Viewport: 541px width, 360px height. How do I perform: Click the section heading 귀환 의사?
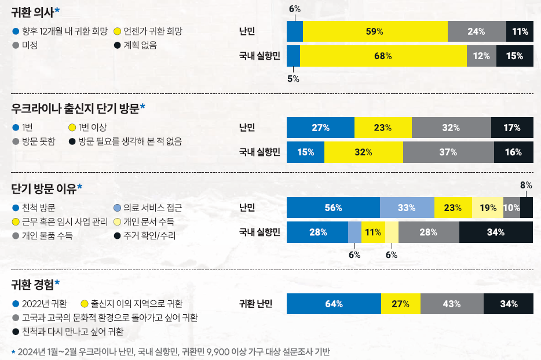tap(35, 12)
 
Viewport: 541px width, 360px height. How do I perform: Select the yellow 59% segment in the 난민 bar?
tap(375, 32)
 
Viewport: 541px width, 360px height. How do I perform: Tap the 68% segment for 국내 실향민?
tap(383, 56)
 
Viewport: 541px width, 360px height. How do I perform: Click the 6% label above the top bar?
tap(294, 9)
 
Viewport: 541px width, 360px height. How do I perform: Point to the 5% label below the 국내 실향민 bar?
tap(293, 79)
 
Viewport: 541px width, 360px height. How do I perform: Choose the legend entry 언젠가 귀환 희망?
tap(152, 31)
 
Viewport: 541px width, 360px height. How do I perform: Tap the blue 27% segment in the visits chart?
tap(320, 128)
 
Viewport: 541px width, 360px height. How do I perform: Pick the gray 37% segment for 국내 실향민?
tap(448, 152)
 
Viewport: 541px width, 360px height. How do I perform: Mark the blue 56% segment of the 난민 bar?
tap(333, 208)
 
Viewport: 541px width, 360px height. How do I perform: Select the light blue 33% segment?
tap(407, 208)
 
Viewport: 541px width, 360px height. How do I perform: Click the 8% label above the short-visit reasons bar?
tap(526, 186)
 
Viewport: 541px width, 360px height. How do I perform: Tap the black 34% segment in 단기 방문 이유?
tap(495, 232)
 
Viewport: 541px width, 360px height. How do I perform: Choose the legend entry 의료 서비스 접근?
tap(152, 208)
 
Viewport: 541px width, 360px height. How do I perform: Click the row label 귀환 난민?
tap(255, 303)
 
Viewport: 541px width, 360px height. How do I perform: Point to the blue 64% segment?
tap(334, 304)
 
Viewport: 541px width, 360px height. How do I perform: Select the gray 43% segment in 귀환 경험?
tap(451, 304)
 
